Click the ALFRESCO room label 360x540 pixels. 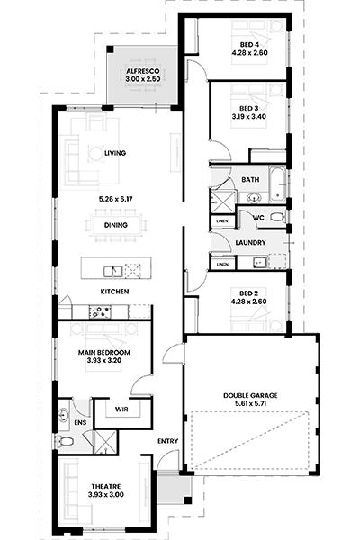tap(143, 71)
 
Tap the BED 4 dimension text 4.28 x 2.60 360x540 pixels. tap(250, 53)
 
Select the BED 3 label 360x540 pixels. tap(249, 109)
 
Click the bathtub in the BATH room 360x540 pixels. tap(277, 184)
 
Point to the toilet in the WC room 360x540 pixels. tap(277, 217)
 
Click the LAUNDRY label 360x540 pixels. tap(250, 243)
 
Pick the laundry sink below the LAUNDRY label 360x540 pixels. tap(259, 263)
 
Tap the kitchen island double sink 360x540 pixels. tap(113, 272)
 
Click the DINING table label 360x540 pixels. tap(116, 225)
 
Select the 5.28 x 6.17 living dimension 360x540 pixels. tap(116, 199)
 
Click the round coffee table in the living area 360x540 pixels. tap(95, 154)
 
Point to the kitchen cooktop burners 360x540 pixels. tap(100, 311)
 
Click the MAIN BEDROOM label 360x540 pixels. tap(104, 352)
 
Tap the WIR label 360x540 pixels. tap(121, 409)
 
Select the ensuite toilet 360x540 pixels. tap(66, 440)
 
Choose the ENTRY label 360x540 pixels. tap(167, 441)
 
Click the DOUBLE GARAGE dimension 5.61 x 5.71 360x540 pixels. tap(250, 403)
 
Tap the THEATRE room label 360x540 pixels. tap(106, 487)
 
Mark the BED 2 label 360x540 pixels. tap(248, 293)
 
